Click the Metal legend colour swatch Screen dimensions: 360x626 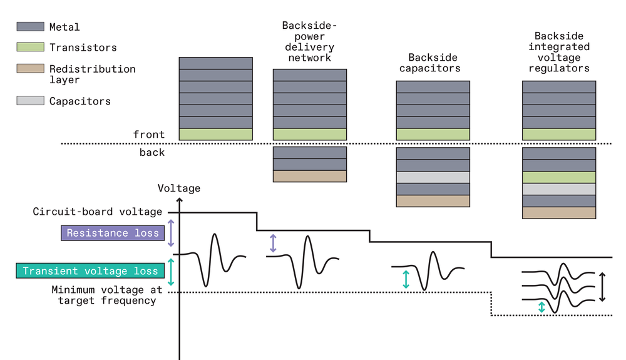(x=30, y=27)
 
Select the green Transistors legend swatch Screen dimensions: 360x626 (x=30, y=47)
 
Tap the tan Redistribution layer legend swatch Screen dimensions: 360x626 (x=30, y=69)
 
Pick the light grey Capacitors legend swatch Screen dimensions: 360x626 (x=30, y=101)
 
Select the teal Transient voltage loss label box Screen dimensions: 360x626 (x=90, y=270)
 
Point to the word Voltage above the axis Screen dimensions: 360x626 (x=179, y=188)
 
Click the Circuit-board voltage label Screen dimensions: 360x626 (x=98, y=212)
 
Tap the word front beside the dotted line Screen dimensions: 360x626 (x=149, y=134)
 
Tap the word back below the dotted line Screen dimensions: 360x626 (x=151, y=152)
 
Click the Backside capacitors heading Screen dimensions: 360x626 (x=434, y=63)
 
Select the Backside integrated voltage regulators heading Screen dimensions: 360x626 (x=558, y=52)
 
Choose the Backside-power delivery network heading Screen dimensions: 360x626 (x=309, y=41)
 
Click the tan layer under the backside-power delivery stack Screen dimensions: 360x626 (x=310, y=176)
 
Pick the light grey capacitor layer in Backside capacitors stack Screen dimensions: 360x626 (x=433, y=177)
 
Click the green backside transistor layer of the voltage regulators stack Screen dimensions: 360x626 (x=558, y=177)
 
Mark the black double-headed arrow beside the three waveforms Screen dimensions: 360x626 (x=602, y=287)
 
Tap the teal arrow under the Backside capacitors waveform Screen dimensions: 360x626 (x=406, y=279)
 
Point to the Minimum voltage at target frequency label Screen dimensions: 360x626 (x=106, y=295)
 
